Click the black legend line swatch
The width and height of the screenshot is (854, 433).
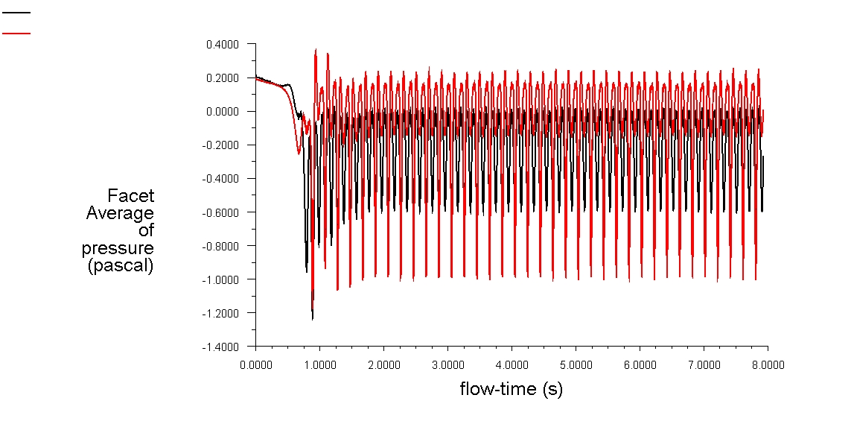pyautogui.click(x=16, y=13)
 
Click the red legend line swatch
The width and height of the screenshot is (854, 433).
pyautogui.click(x=16, y=33)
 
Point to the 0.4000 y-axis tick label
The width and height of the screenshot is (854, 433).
pyautogui.click(x=223, y=45)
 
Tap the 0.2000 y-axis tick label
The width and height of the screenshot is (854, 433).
pyautogui.click(x=223, y=78)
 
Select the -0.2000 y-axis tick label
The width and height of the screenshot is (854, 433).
pyautogui.click(x=221, y=145)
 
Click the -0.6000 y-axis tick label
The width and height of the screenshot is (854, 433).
pyautogui.click(x=221, y=212)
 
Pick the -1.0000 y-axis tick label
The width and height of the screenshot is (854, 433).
pyautogui.click(x=221, y=279)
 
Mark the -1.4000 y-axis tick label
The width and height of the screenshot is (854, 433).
pyautogui.click(x=221, y=347)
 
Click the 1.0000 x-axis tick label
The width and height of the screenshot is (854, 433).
pyautogui.click(x=319, y=365)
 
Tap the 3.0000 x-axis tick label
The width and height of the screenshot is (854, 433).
pyautogui.click(x=447, y=365)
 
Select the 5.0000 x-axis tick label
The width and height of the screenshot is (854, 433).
pyautogui.click(x=576, y=365)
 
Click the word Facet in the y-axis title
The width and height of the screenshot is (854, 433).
pyautogui.click(x=131, y=196)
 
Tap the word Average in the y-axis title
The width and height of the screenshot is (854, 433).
pyautogui.click(x=121, y=213)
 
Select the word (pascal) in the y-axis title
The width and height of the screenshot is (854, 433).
pyautogui.click(x=121, y=265)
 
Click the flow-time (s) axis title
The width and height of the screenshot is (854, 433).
pyautogui.click(x=511, y=388)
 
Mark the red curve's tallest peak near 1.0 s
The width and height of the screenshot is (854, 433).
pyautogui.click(x=316, y=50)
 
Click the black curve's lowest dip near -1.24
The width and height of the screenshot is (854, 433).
pyautogui.click(x=312, y=319)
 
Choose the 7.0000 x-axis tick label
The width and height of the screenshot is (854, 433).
pyautogui.click(x=704, y=365)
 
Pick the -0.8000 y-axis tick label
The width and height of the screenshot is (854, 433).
pyautogui.click(x=221, y=246)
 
